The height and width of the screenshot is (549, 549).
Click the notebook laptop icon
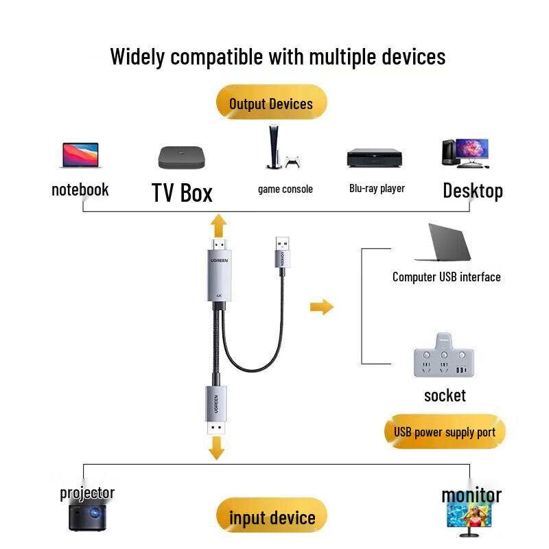[x=80, y=156]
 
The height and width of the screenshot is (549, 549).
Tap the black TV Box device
[x=182, y=157]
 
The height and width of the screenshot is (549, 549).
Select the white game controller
[x=294, y=163]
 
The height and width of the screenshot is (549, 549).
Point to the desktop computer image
[x=465, y=153]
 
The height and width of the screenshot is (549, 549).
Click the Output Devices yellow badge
[x=271, y=104]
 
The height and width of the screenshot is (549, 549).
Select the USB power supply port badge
[x=445, y=432]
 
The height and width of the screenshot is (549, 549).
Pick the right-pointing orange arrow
[x=321, y=307]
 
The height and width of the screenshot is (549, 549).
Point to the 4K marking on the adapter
[x=219, y=296]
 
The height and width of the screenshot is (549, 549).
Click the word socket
[x=445, y=395]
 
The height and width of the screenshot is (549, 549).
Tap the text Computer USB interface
[x=446, y=277]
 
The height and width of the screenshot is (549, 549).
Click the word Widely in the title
[x=138, y=56]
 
